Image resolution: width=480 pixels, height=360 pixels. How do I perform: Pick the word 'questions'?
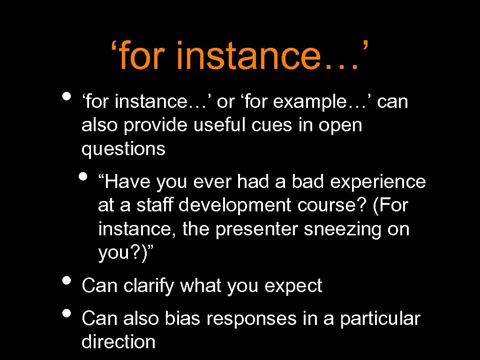123,149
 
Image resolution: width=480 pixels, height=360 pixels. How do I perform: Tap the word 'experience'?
378,182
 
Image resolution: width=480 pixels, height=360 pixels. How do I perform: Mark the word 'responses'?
252,319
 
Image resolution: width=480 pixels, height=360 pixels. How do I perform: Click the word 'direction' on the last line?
118,342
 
